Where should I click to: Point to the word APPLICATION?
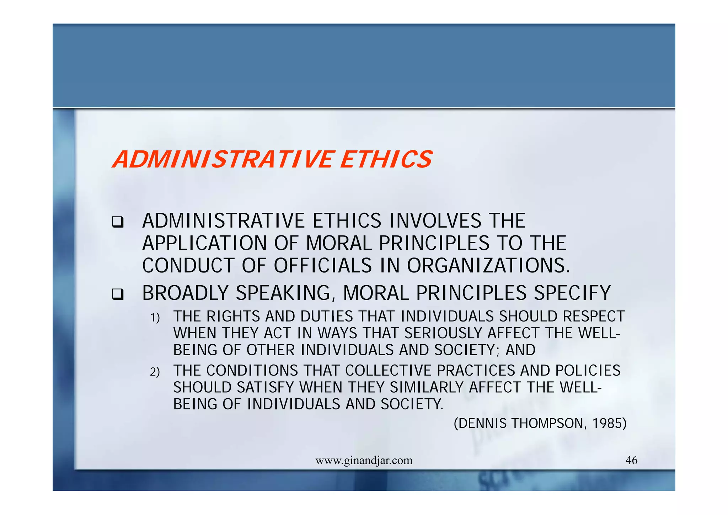(204, 243)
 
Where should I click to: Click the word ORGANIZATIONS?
(488, 266)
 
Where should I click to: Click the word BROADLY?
(185, 293)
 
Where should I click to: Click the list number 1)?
(155, 318)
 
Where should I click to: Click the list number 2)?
(155, 372)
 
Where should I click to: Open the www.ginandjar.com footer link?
(364, 461)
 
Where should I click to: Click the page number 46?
(631, 460)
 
